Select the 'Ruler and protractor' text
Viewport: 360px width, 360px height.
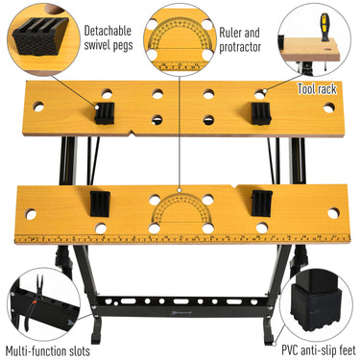coord(241,37)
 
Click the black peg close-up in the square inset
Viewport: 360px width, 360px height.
coord(39,38)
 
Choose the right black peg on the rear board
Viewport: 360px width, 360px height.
coord(258,111)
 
